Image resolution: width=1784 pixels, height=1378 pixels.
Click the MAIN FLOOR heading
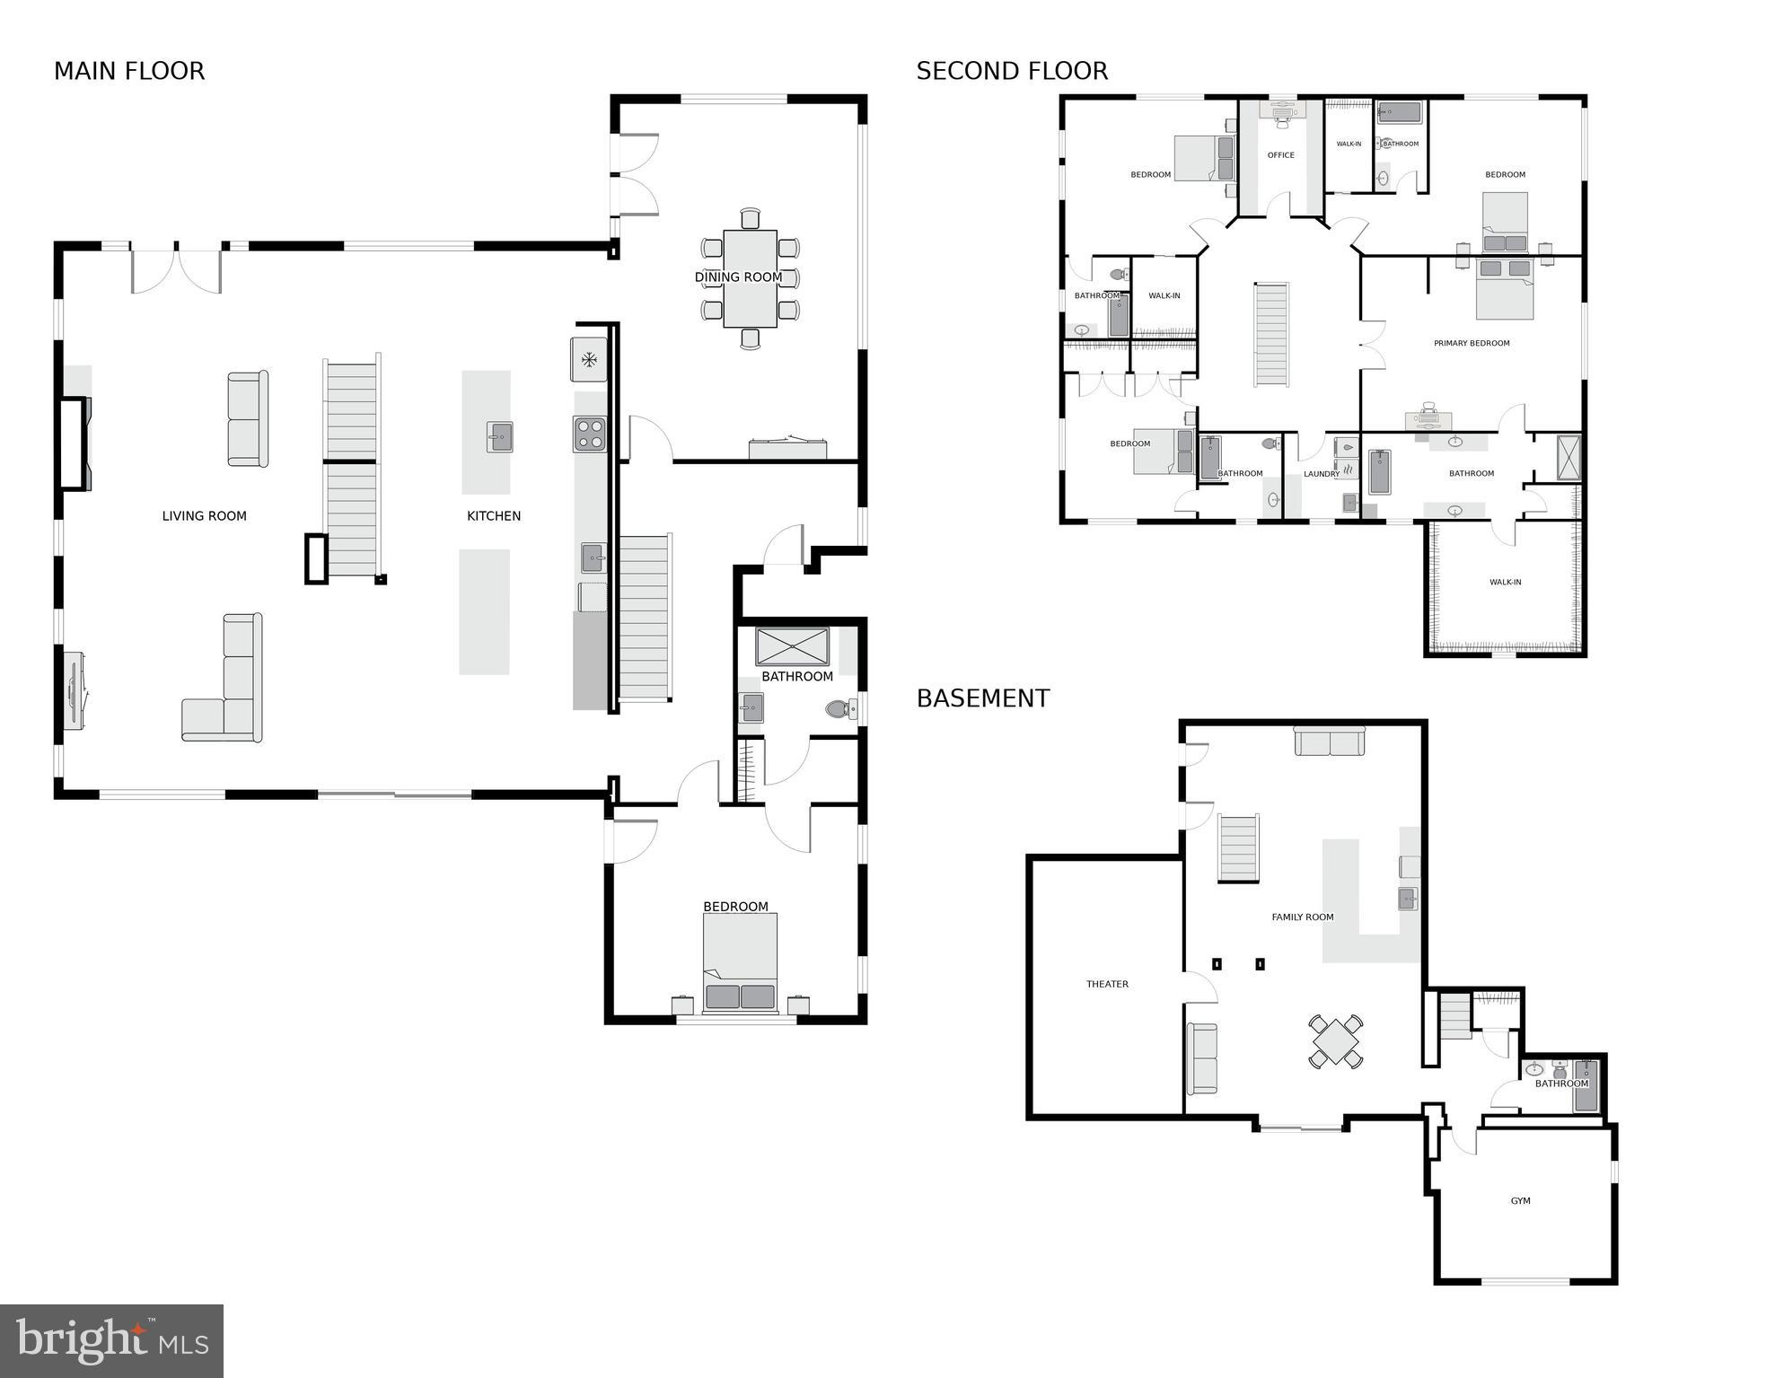coord(129,71)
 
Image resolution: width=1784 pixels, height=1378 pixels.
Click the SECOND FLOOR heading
coord(1012,71)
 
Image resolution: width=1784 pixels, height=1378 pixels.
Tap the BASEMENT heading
coord(982,698)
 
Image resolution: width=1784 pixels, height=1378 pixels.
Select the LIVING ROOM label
coord(204,516)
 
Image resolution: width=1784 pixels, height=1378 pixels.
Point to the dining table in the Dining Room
coord(750,278)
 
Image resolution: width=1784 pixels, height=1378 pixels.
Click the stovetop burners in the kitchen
coord(590,434)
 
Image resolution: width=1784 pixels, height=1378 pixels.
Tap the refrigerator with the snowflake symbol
coord(589,360)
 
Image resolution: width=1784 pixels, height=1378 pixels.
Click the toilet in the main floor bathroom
coord(839,709)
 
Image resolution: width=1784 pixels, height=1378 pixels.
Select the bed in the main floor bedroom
coord(740,961)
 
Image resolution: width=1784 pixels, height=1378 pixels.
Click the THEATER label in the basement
coord(1107,984)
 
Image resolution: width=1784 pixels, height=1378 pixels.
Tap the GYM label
coord(1520,1201)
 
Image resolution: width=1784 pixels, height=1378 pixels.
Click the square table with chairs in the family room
coord(1335,1041)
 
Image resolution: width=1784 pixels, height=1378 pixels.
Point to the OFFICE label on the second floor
coord(1280,155)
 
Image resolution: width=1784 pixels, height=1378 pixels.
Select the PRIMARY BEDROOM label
coord(1472,343)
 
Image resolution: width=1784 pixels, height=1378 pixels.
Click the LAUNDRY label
coord(1321,474)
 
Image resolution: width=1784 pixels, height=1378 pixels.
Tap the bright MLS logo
coord(111,1340)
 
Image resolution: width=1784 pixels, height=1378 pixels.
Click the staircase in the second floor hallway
coord(1271,335)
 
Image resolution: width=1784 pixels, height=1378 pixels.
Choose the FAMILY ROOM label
coord(1302,917)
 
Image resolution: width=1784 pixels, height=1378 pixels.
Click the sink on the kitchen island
coord(499,437)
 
